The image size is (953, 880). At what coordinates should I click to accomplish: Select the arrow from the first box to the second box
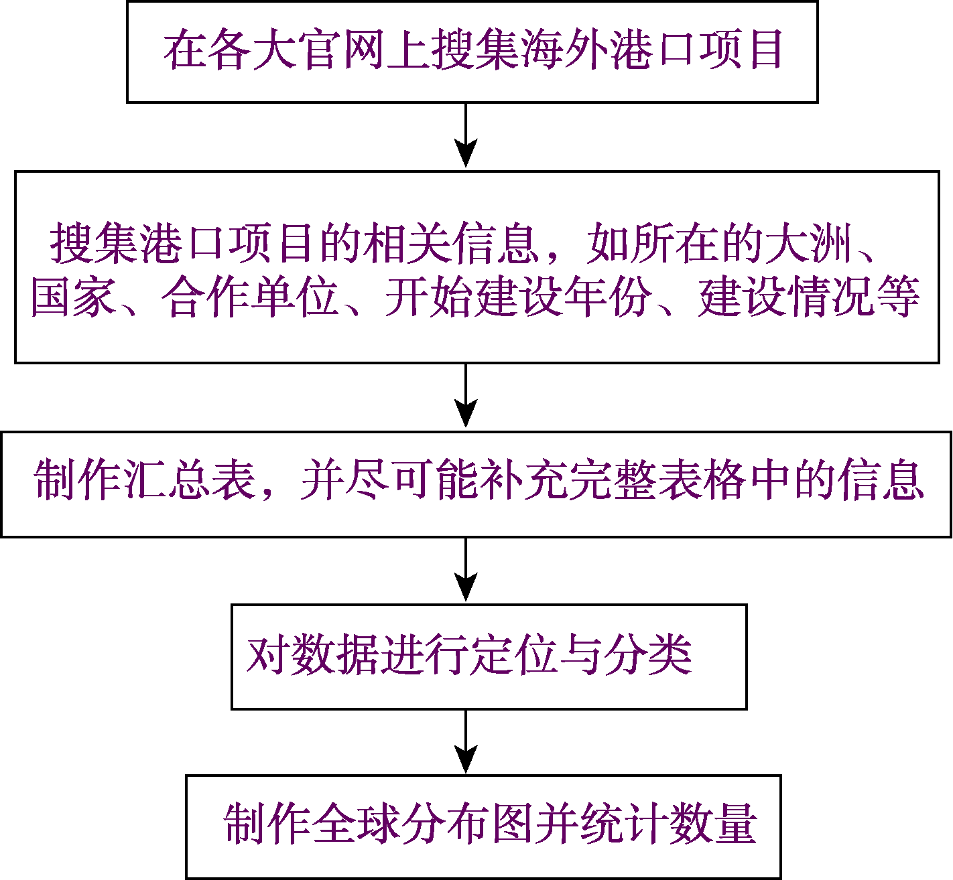point(466,135)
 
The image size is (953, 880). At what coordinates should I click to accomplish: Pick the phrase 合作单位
point(250,297)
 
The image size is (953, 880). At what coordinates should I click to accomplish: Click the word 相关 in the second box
point(408,243)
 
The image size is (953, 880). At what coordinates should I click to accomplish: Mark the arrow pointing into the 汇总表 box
point(466,394)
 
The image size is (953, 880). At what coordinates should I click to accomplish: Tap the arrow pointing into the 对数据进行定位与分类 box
point(466,569)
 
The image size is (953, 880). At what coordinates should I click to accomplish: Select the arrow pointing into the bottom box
point(466,741)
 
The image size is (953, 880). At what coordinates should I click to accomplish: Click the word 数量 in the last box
point(713,823)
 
